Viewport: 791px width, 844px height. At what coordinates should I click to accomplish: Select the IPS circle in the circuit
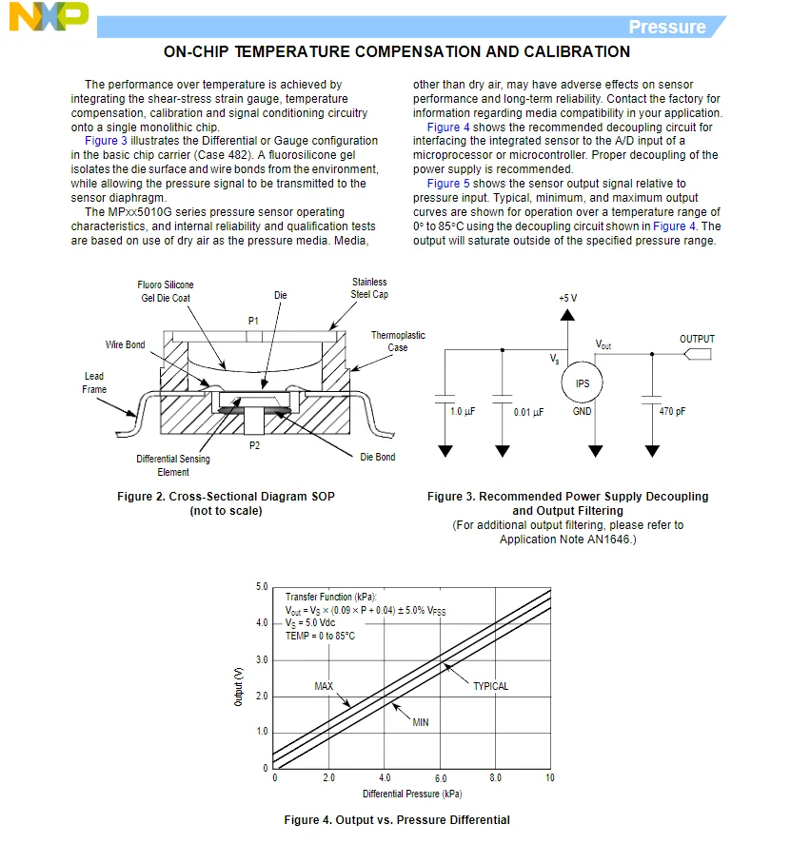[x=582, y=383]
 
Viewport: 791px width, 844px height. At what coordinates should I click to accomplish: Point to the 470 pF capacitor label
[x=672, y=412]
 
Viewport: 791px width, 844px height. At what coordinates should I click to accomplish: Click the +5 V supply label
[x=567, y=298]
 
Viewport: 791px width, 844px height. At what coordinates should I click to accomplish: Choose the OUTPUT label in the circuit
[x=697, y=339]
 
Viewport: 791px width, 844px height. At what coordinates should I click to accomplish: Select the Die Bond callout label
[x=378, y=457]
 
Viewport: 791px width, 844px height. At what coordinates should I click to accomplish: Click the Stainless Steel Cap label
[x=369, y=288]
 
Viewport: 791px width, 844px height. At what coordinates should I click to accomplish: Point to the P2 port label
[x=254, y=445]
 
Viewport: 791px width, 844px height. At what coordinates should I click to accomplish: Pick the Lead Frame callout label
[x=94, y=383]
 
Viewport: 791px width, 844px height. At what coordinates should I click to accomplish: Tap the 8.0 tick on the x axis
[x=495, y=778]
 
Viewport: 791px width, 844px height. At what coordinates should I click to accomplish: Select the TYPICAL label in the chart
[x=491, y=686]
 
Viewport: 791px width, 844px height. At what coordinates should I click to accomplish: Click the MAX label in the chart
[x=324, y=686]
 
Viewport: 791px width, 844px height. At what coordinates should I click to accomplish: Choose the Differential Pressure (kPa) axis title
[x=412, y=794]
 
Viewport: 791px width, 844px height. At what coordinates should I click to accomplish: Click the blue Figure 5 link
[x=448, y=184]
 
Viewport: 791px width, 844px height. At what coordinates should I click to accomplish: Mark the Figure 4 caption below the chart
[x=397, y=820]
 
